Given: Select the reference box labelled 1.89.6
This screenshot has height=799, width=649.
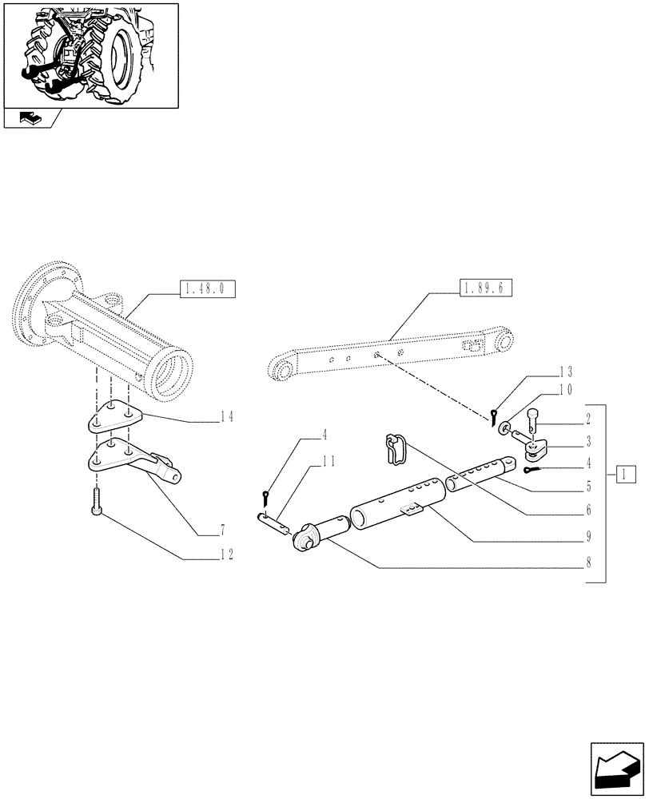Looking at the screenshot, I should click(x=486, y=289).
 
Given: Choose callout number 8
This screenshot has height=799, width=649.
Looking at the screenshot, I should click(x=587, y=562).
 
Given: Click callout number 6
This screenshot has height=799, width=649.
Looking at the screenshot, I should click(x=587, y=508).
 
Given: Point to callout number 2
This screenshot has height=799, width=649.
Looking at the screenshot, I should click(x=587, y=417).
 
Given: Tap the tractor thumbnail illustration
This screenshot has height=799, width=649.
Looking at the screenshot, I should click(x=90, y=54).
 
